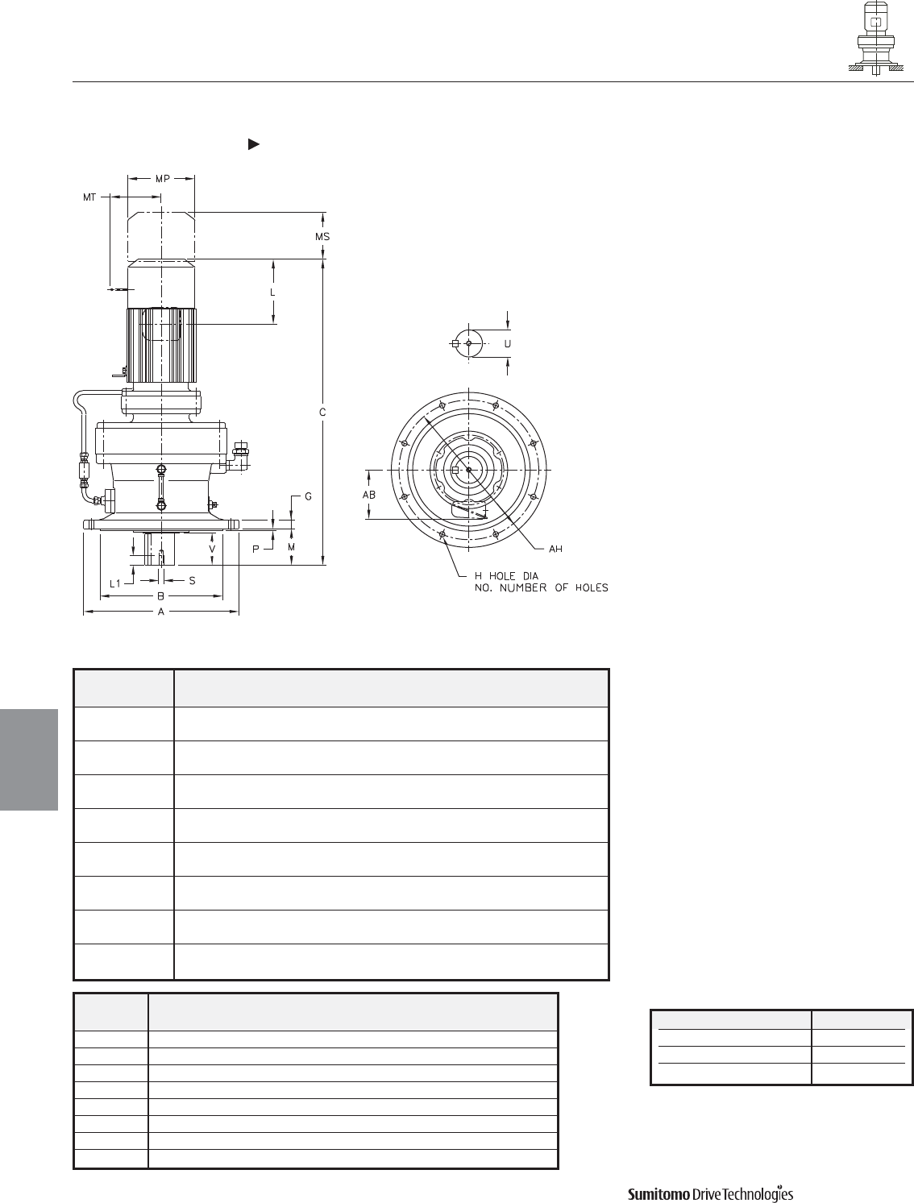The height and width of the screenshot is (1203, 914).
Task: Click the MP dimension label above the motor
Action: click(163, 179)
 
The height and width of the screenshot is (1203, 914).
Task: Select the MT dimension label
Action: click(89, 197)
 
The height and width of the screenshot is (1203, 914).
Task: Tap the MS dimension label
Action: click(322, 237)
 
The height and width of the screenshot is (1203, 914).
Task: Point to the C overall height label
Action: click(322, 412)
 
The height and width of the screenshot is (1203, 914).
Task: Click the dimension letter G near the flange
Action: click(309, 496)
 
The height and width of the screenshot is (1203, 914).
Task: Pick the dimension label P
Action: click(256, 549)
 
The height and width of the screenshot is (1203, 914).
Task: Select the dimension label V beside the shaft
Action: click(212, 549)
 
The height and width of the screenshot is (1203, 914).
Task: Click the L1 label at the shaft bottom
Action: click(115, 583)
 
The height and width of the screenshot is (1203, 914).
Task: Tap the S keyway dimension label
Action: click(192, 581)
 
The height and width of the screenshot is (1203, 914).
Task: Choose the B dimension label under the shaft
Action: click(161, 595)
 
